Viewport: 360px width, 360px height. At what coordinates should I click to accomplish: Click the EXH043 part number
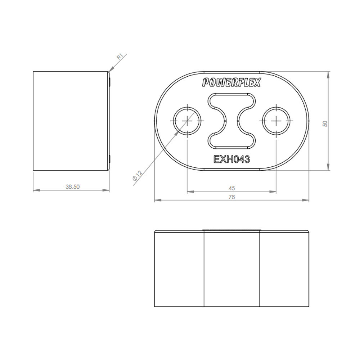(x=231, y=159)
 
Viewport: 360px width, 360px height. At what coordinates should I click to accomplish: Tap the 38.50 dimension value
(x=73, y=187)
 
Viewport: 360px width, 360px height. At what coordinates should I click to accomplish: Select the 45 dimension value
(x=232, y=188)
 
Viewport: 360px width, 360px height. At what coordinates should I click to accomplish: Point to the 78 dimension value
(x=232, y=197)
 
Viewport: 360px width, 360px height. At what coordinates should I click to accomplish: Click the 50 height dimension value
(x=325, y=124)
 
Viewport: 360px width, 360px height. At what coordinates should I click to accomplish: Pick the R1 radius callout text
(x=120, y=57)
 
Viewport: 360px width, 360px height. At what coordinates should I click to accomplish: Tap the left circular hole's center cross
(x=187, y=121)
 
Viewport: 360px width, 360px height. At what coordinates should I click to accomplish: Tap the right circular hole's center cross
(x=276, y=121)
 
